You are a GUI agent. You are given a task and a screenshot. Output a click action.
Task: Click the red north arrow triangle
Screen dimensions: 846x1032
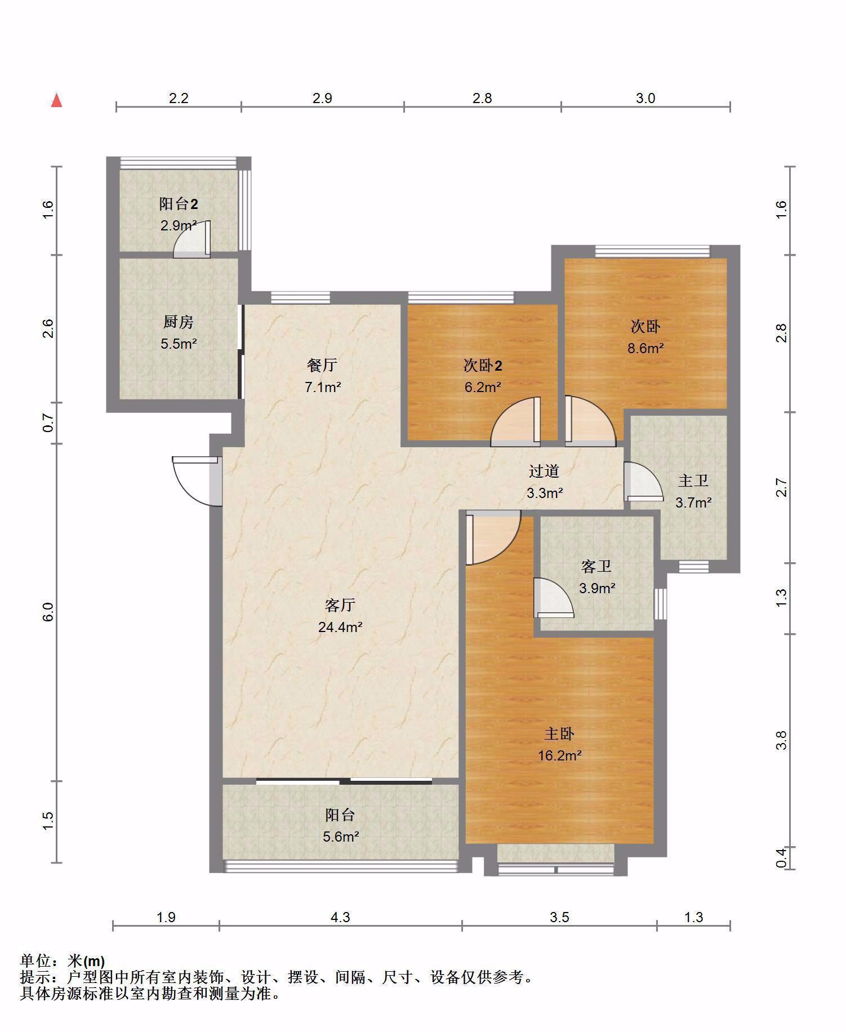coord(56,101)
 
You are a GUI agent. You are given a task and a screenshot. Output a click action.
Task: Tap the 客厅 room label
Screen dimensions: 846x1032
coord(340,605)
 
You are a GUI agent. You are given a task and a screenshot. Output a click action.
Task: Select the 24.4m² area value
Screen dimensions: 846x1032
coord(340,626)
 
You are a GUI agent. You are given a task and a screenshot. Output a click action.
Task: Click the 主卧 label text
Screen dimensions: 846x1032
coord(559,733)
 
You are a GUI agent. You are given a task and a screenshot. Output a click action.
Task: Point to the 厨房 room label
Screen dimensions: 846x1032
coord(179,322)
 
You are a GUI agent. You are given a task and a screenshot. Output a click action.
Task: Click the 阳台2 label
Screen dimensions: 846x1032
coord(179,203)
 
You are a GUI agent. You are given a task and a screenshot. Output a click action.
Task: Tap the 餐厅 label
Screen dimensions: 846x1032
coord(322,365)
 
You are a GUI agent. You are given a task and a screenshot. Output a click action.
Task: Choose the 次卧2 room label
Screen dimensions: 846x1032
coord(483,365)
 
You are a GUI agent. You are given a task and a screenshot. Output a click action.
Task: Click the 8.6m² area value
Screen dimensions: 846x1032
coord(645,348)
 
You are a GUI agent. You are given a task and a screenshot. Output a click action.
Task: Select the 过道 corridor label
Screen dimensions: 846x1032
coord(544,470)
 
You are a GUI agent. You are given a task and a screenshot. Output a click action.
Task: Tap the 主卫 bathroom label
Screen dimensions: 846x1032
coord(693,481)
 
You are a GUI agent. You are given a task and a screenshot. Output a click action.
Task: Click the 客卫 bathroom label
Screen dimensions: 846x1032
coord(596,566)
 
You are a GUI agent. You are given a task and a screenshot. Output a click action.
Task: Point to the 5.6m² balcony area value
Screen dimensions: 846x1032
coord(341,837)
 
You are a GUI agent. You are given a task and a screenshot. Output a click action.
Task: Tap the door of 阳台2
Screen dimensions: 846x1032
coord(192,239)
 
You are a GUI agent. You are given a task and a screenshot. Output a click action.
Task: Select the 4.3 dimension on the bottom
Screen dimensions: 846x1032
coord(340,918)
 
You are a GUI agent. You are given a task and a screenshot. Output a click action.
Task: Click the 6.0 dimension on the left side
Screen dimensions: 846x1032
coord(48,612)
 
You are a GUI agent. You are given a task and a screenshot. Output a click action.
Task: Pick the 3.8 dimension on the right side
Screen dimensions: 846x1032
coord(781,740)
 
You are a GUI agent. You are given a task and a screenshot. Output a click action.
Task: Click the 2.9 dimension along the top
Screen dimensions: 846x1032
coord(322,98)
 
